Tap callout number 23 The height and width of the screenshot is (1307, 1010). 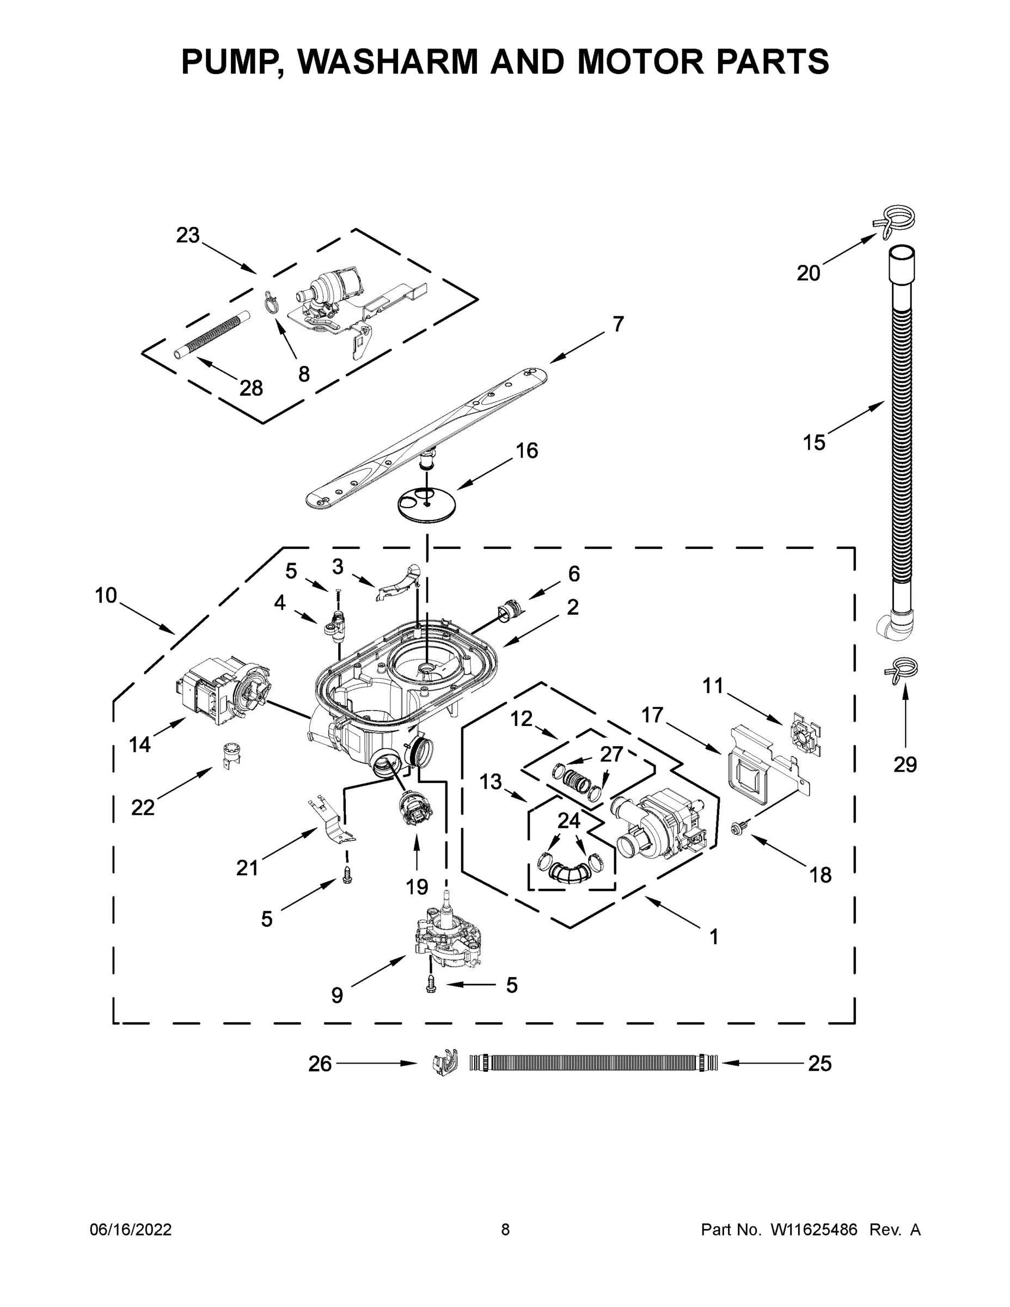[187, 235]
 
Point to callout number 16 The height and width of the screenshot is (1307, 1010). [527, 450]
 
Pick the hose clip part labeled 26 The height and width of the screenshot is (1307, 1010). [443, 1063]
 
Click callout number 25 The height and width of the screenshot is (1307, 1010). [820, 1064]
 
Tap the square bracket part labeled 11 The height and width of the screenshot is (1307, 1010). [805, 734]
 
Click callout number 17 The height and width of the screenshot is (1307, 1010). [652, 715]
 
